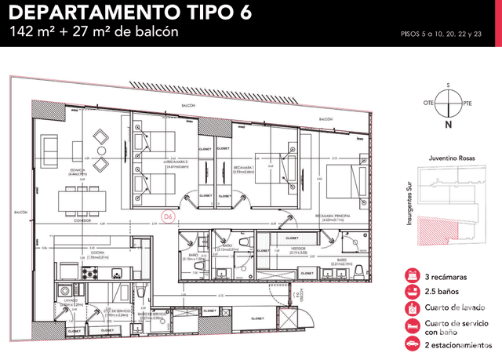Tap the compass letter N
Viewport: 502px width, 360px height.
point(448,125)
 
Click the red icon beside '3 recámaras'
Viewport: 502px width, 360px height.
point(411,277)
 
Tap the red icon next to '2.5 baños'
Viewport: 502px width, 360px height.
point(411,293)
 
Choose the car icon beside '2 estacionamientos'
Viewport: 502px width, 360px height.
point(411,344)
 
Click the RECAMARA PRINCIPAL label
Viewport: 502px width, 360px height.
point(333,217)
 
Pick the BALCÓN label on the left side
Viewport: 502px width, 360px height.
point(20,212)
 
